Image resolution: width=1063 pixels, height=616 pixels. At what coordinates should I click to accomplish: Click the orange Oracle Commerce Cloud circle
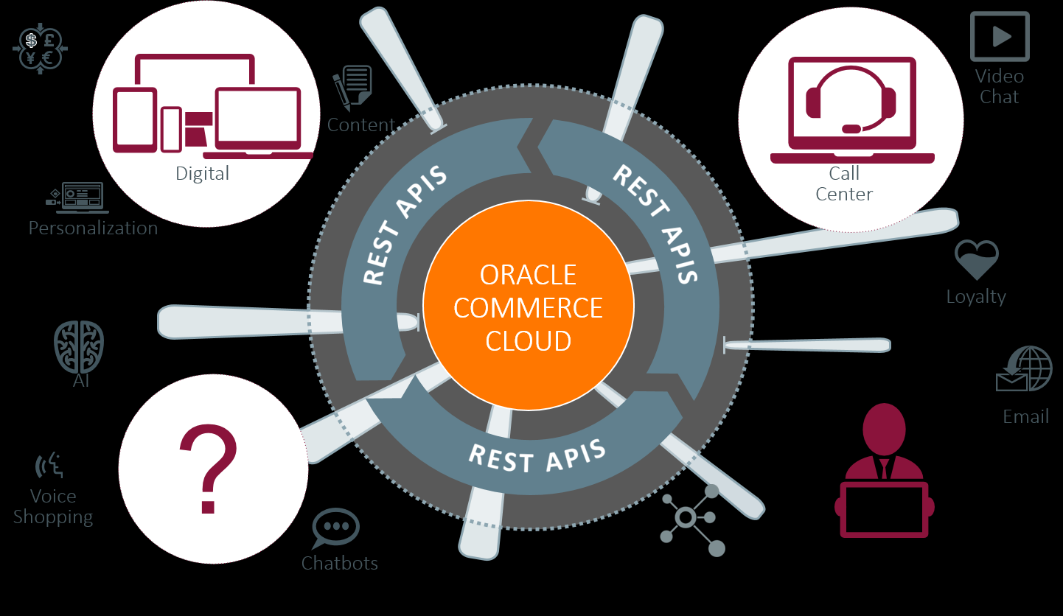tap(528, 306)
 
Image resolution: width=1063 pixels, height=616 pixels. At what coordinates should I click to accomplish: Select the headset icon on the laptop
tap(851, 99)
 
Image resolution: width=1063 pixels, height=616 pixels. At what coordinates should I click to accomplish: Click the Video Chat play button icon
tap(1000, 36)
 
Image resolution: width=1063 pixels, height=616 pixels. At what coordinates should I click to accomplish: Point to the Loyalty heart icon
tap(976, 259)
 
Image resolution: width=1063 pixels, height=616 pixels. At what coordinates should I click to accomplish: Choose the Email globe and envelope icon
tap(1024, 369)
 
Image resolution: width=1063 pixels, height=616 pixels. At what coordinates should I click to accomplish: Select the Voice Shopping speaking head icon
tap(51, 466)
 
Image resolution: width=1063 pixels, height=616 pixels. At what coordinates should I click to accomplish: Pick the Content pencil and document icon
tap(352, 88)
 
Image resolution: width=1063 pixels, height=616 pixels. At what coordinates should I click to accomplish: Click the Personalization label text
tap(93, 228)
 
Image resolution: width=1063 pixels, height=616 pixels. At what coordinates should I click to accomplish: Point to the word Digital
tap(202, 173)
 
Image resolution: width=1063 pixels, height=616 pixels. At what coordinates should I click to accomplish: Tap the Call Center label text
tap(844, 183)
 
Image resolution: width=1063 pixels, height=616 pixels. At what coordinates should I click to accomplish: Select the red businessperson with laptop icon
tap(884, 472)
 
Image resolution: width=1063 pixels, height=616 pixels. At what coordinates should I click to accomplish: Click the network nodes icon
tap(691, 519)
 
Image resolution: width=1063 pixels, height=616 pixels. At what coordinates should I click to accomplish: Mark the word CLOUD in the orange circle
tap(529, 340)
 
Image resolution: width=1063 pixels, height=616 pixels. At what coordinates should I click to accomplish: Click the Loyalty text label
tap(976, 296)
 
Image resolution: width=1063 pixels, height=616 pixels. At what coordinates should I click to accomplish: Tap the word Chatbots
tap(339, 563)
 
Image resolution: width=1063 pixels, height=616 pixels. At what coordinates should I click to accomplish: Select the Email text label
tap(1025, 416)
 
